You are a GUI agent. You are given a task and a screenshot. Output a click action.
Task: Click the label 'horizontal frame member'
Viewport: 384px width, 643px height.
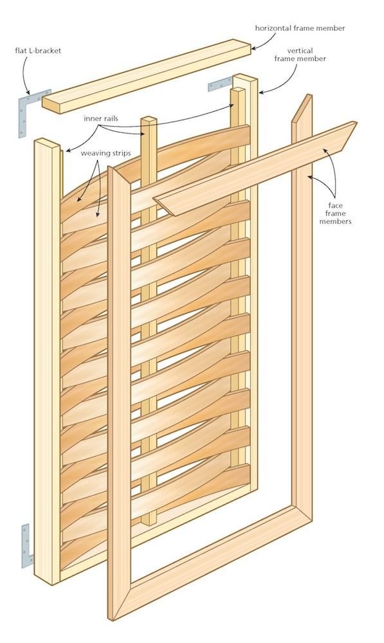tap(300, 28)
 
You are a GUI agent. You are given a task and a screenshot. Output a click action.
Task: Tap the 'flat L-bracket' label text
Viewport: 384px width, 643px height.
tap(38, 50)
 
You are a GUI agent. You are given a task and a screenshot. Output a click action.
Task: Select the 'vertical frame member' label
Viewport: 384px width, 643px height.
tap(300, 55)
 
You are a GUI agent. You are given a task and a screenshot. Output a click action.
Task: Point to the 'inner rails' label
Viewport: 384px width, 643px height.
tap(101, 118)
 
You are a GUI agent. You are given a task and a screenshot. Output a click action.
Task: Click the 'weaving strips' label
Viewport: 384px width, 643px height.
tap(106, 153)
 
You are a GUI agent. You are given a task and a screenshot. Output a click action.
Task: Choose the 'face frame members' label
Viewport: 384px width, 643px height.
tap(335, 213)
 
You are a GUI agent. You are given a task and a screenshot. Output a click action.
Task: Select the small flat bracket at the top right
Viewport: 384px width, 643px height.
tap(221, 84)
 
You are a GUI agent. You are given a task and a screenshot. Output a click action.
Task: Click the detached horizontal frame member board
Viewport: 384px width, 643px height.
tap(147, 76)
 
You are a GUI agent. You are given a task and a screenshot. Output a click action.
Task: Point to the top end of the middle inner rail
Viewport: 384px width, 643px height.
tap(149, 120)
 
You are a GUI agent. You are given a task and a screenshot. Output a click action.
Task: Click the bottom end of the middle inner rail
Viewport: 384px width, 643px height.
tap(149, 523)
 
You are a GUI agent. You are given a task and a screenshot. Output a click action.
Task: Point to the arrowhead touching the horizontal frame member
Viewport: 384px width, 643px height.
tap(254, 48)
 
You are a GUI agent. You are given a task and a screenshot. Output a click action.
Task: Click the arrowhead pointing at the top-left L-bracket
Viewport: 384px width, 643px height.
tap(28, 91)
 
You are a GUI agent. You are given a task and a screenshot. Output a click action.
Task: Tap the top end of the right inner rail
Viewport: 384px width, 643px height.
tap(237, 90)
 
